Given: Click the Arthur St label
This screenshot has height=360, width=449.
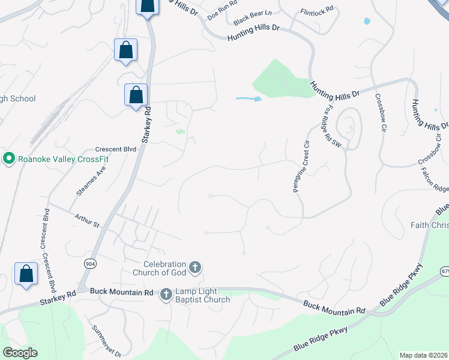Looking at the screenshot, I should click(86, 221).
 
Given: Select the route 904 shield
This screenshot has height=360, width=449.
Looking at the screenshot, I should click(90, 263).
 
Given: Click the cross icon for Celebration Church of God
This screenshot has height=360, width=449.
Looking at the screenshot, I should click(194, 268).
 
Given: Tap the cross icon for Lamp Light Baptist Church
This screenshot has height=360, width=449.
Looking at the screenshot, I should click(166, 294).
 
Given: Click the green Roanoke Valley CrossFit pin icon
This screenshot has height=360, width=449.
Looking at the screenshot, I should click(8, 158).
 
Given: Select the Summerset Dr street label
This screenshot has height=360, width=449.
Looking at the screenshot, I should click(106, 340).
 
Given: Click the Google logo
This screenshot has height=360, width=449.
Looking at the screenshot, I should click(20, 353).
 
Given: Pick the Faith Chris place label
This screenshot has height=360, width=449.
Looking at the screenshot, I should click(429, 225).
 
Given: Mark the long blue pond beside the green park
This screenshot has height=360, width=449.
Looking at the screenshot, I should click(248, 98).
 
